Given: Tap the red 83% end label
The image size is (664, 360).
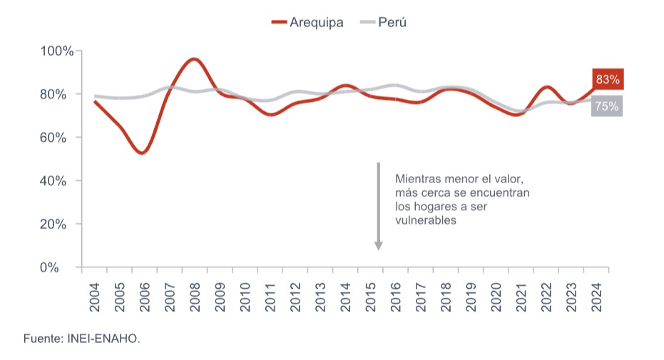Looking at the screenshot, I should (607, 79).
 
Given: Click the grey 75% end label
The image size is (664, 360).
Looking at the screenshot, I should (607, 107).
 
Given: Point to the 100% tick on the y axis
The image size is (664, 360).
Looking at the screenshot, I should (57, 51).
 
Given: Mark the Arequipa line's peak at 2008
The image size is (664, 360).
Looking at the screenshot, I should (195, 59).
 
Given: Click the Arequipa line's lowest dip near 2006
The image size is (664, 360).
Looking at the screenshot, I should (143, 153).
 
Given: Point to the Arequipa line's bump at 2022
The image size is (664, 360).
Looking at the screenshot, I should (546, 87).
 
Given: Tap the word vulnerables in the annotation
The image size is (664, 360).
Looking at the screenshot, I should (425, 220).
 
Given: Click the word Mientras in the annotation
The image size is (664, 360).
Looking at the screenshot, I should (416, 180).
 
